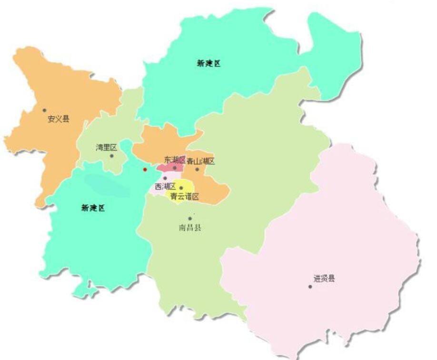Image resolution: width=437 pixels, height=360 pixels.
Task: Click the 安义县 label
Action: tap(58, 119)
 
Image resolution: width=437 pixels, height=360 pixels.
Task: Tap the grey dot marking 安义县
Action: tap(44, 110)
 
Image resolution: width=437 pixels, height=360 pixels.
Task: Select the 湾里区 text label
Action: tap(106, 148)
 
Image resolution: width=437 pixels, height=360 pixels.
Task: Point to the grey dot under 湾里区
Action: tap(112, 156)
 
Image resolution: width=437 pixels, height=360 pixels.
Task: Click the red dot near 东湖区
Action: tap(145, 169)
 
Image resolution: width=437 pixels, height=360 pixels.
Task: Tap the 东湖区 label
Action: tap(175, 160)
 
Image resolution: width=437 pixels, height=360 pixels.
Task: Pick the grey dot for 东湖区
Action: tap(175, 168)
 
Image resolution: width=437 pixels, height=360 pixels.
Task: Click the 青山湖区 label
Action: tap(200, 161)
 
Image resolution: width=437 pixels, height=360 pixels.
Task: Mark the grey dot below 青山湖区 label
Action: tap(197, 169)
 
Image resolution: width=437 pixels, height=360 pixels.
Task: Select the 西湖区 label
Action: tap(165, 186)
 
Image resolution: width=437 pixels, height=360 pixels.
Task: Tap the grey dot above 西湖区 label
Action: tap(165, 178)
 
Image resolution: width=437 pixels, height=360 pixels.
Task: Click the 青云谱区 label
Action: tap(184, 196)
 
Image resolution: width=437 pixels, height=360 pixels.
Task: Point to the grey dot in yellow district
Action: tap(181, 188)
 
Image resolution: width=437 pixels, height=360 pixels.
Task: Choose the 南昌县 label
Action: tap(190, 228)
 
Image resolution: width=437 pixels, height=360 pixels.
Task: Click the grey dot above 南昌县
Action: tap(190, 219)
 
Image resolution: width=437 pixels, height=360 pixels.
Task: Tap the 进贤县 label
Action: tap(324, 279)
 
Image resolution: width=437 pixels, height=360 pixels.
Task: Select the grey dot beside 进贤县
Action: tap(310, 287)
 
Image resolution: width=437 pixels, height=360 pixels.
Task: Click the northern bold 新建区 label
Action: tap(209, 63)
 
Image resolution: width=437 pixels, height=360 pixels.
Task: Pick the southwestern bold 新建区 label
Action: tap(93, 208)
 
